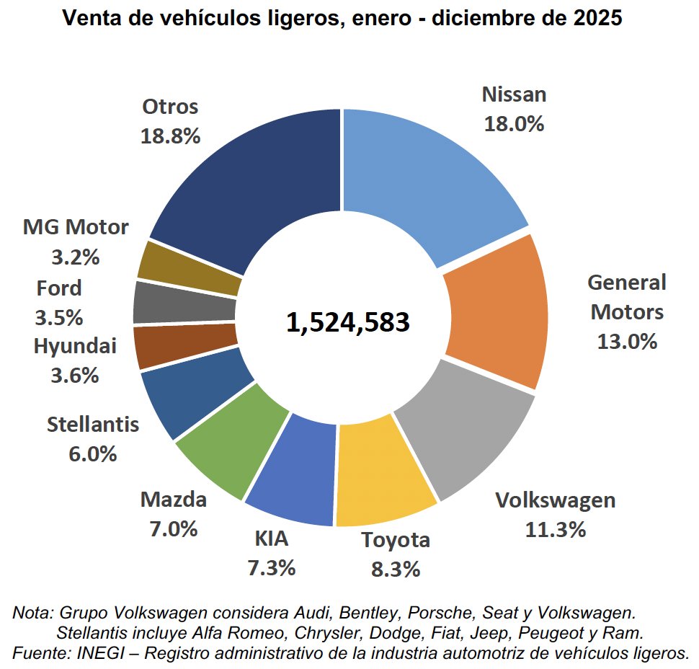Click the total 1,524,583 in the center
348,322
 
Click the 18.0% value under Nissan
514,124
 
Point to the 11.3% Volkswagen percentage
555,531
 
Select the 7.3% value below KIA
271,568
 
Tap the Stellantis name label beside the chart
92,425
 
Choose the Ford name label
59,288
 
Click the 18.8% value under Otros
170,136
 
